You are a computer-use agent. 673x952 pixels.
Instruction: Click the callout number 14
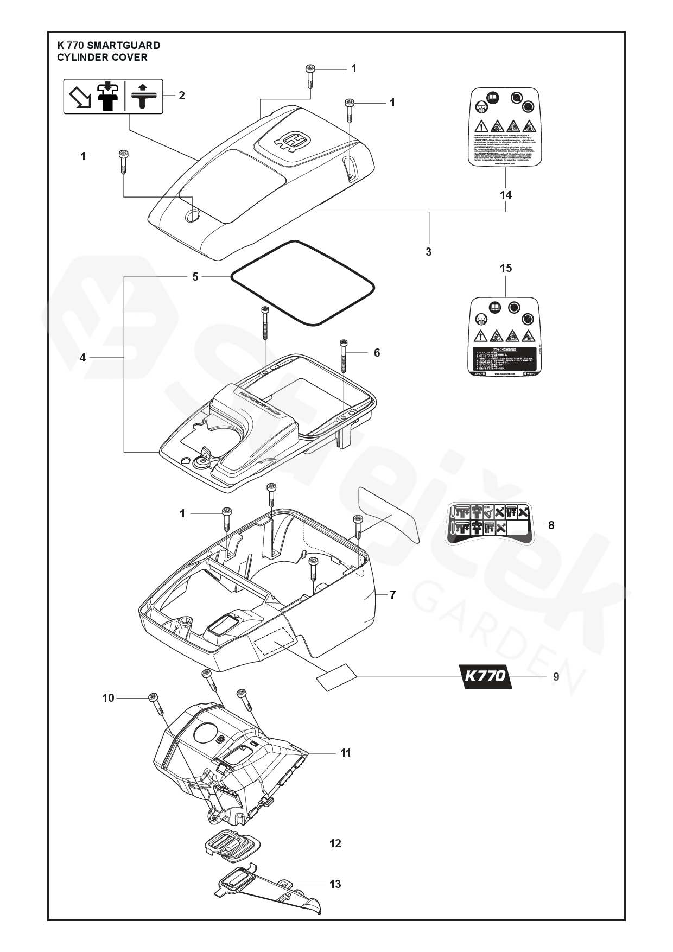pyautogui.click(x=505, y=195)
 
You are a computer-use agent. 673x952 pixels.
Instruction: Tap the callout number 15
pyautogui.click(x=505, y=268)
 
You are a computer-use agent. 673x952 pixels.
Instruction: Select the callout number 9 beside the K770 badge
pyautogui.click(x=556, y=677)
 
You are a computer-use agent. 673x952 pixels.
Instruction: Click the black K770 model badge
pyautogui.click(x=485, y=677)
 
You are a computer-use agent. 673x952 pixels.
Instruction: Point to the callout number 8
pyautogui.click(x=551, y=525)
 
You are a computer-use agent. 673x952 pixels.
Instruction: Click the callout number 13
pyautogui.click(x=335, y=884)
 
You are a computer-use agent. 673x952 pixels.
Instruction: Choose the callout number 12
pyautogui.click(x=335, y=843)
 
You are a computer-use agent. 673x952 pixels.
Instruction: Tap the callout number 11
pyautogui.click(x=345, y=753)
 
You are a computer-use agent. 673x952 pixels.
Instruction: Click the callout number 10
pyautogui.click(x=109, y=698)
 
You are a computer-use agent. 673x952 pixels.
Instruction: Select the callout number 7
pyautogui.click(x=392, y=595)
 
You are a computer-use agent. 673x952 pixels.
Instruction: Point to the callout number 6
pyautogui.click(x=377, y=353)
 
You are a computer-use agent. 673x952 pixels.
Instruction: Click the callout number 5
pyautogui.click(x=195, y=277)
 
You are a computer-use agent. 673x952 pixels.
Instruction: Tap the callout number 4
pyautogui.click(x=82, y=358)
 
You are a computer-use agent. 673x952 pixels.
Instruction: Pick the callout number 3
pyautogui.click(x=429, y=252)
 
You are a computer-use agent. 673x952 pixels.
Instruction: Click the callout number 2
pyautogui.click(x=182, y=96)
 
